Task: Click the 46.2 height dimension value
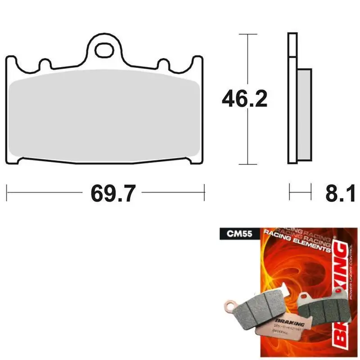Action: tap(244, 99)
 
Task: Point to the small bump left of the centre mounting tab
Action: tap(44, 64)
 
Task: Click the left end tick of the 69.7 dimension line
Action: tap(7, 193)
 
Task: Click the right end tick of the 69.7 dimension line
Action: tap(205, 193)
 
